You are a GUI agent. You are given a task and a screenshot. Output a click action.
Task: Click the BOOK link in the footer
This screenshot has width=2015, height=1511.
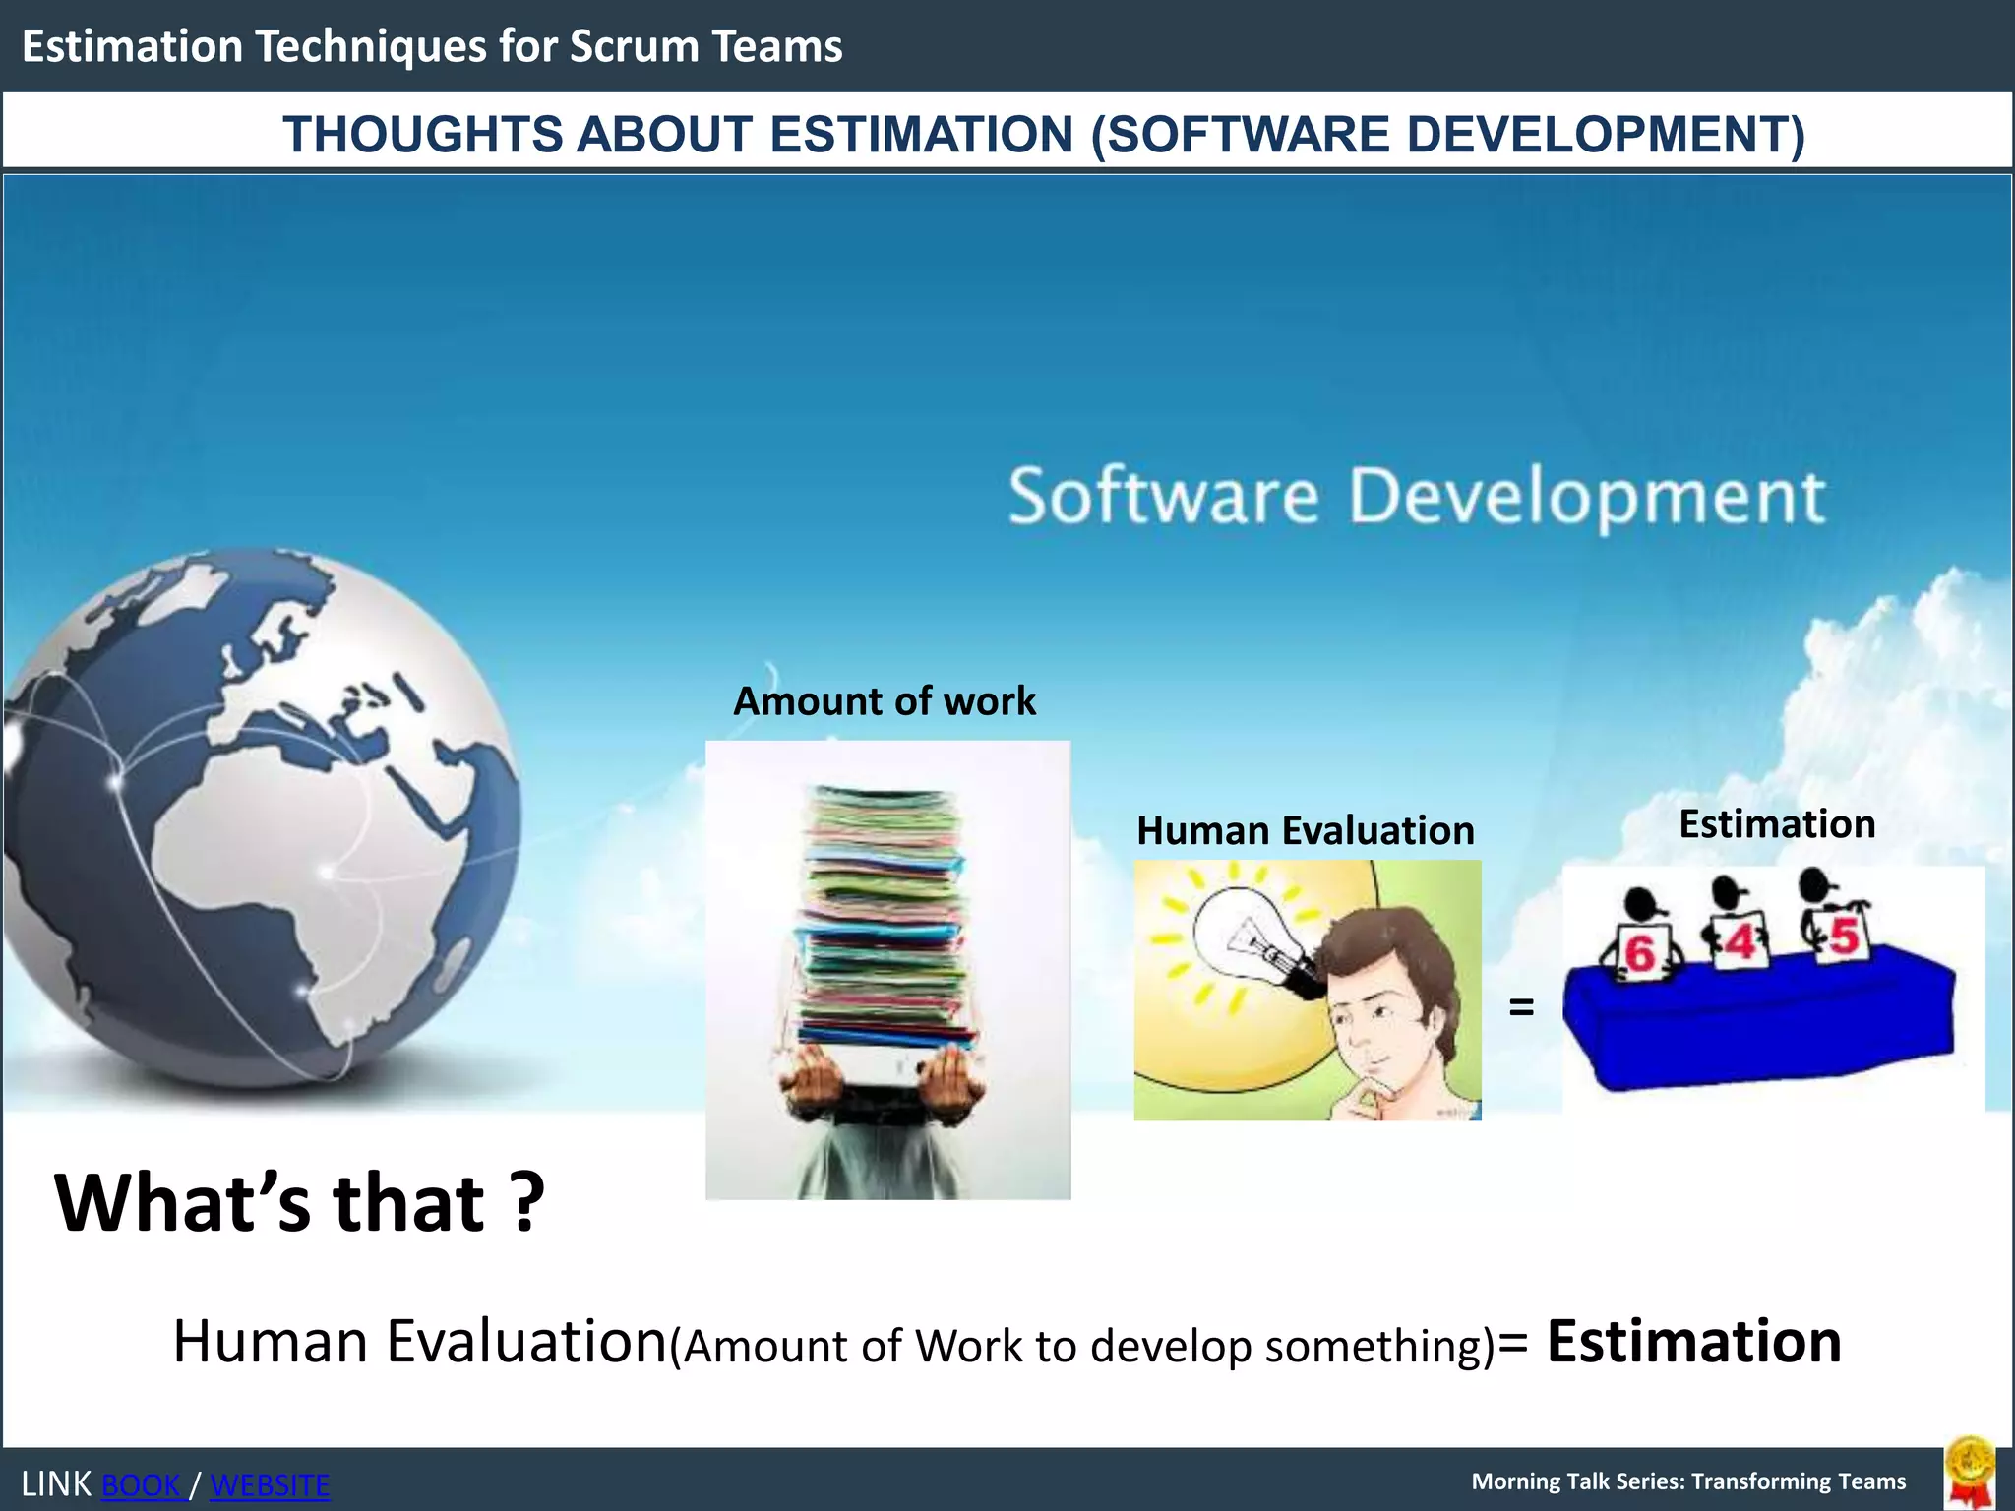(143, 1484)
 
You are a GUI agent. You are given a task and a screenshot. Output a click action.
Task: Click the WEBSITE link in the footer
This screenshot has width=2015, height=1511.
(270, 1484)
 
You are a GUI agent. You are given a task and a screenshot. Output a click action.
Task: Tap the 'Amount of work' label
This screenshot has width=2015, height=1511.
(885, 701)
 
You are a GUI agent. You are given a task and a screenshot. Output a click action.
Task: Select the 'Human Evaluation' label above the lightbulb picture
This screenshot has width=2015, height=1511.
(1305, 830)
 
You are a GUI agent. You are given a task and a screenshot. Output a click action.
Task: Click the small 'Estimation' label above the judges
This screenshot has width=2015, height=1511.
(1776, 823)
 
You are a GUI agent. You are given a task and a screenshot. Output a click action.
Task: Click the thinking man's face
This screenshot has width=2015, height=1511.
(1377, 1013)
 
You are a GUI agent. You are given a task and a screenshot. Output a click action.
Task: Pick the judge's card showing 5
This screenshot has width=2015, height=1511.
(1843, 936)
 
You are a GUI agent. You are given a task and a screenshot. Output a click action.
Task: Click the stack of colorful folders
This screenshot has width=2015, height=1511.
(882, 915)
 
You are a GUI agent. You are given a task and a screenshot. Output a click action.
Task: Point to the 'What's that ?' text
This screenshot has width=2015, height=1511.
(299, 1201)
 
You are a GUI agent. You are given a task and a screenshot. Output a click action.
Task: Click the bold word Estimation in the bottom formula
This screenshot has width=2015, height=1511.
(1693, 1341)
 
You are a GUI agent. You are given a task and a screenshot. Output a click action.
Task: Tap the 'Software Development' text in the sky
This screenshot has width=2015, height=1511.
(1417, 496)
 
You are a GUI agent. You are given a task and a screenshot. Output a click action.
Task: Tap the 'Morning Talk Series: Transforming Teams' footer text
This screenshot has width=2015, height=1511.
(1688, 1481)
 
